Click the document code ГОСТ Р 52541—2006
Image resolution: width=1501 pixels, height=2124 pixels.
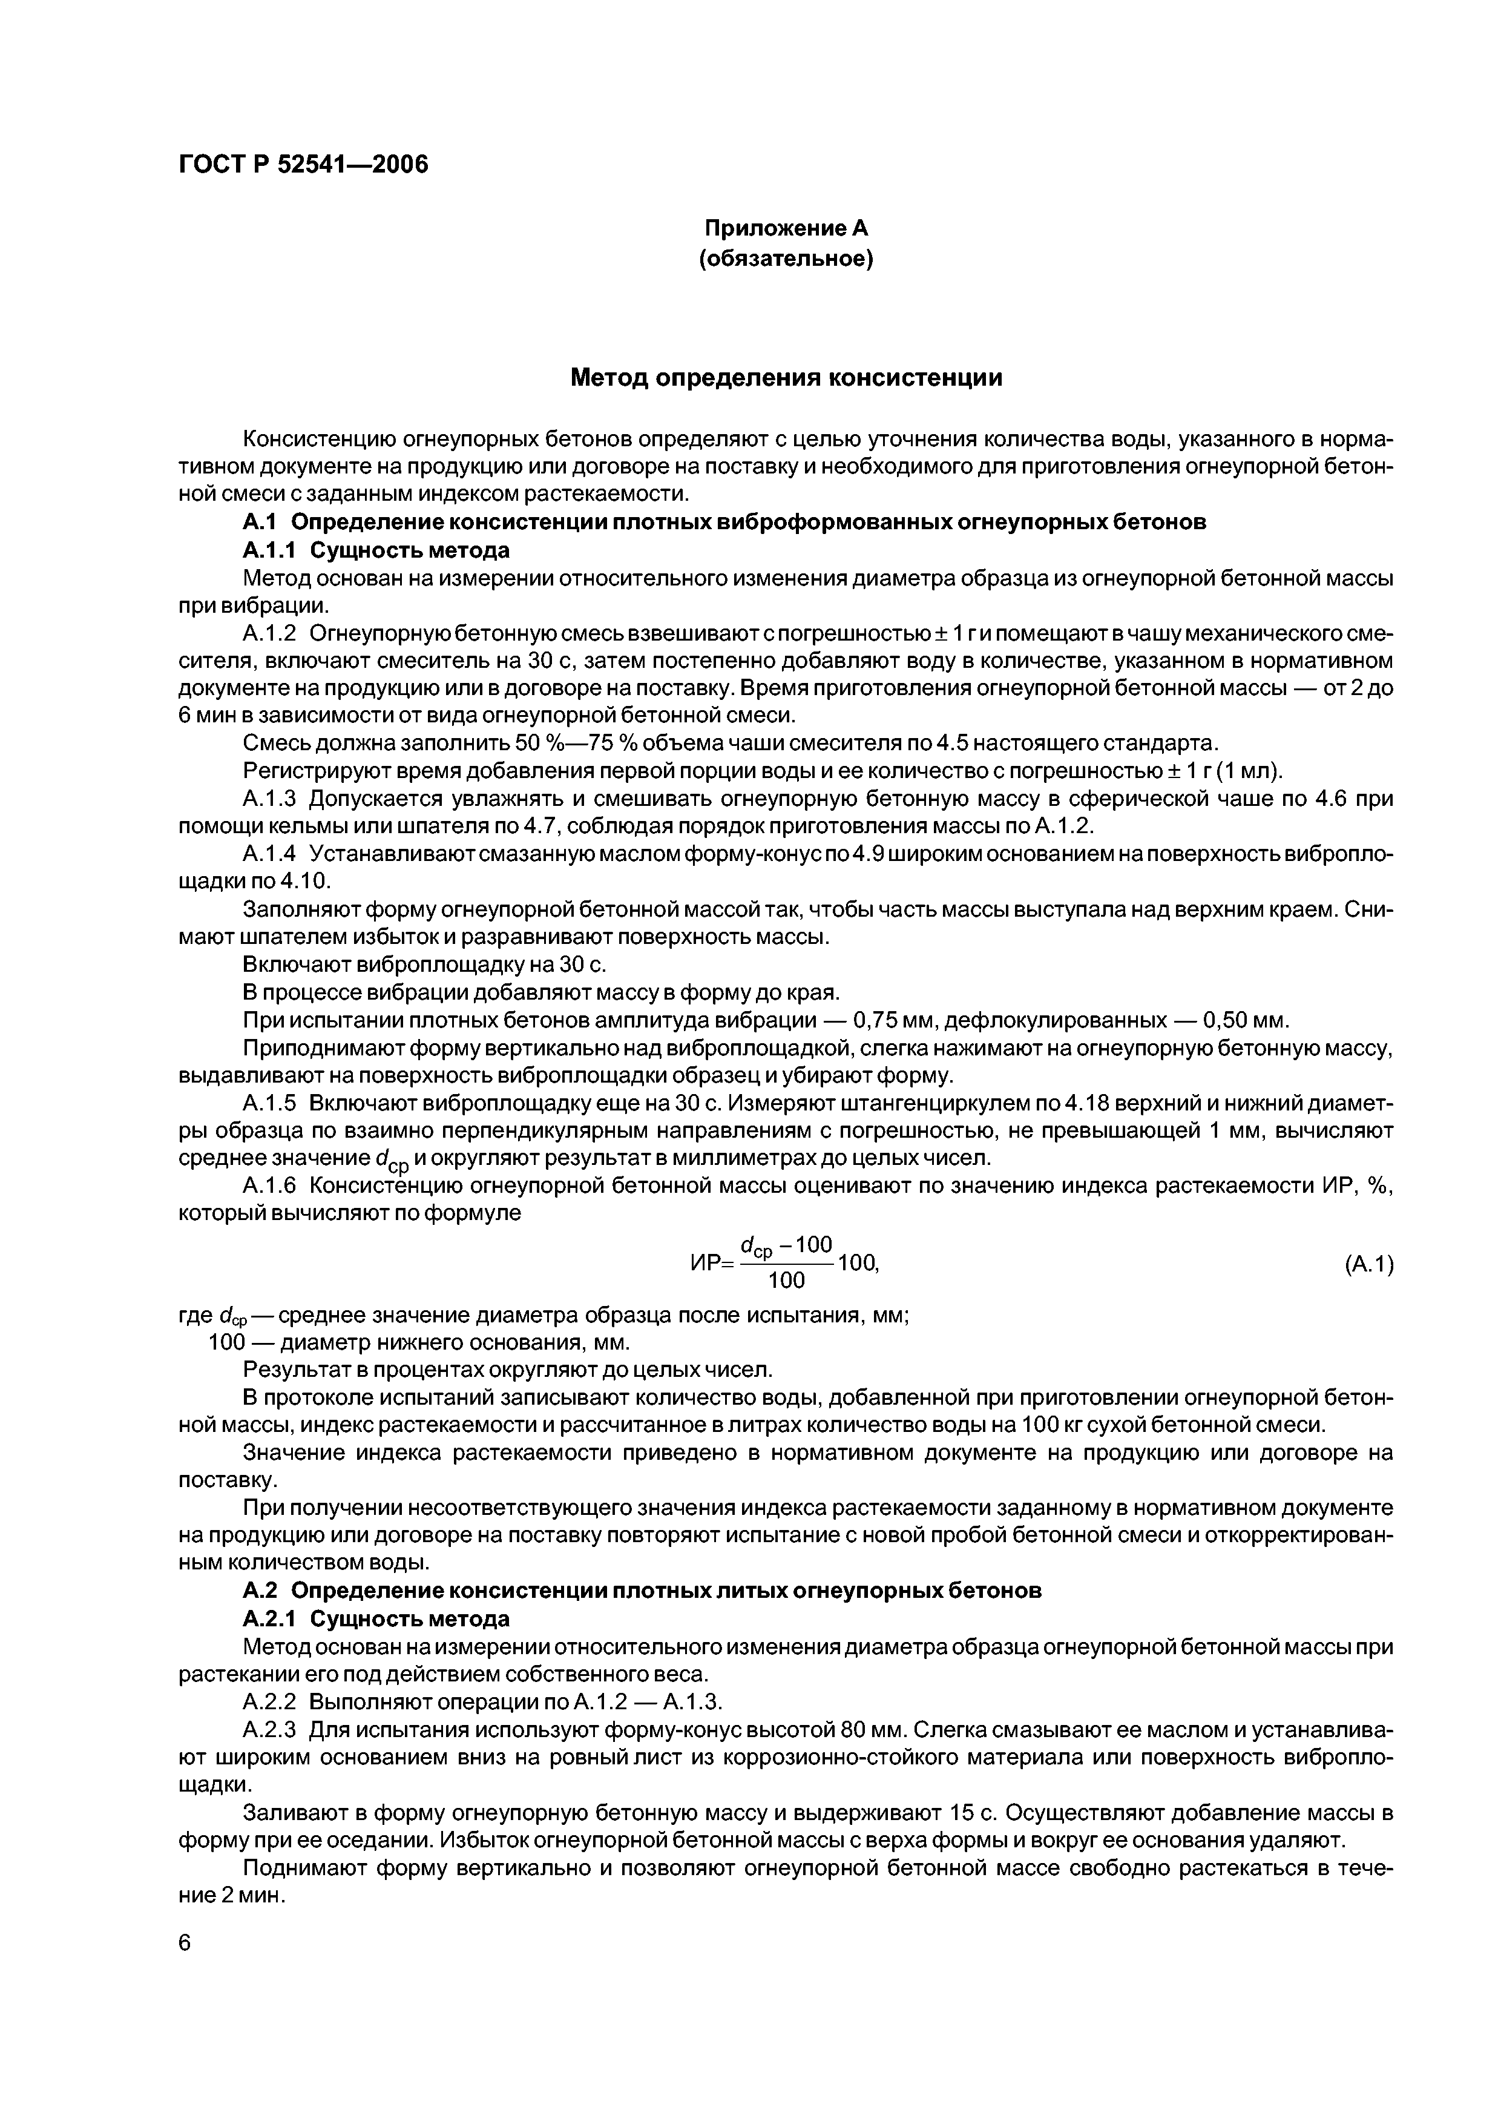point(303,165)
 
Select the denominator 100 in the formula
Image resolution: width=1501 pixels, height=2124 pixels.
point(786,1281)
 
